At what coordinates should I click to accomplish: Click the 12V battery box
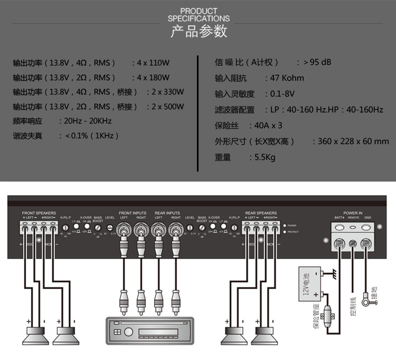coord(310,285)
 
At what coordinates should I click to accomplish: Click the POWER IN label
coord(353,213)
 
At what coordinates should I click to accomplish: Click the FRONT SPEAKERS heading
coord(39,213)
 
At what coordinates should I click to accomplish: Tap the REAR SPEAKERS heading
coord(261,213)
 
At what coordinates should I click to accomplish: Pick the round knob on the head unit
coord(127,332)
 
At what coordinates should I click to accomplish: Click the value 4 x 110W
coord(153,63)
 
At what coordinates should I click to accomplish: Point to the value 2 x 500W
coord(167,107)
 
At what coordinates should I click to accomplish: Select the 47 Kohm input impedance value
coord(287,78)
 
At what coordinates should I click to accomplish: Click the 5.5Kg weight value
coord(265,157)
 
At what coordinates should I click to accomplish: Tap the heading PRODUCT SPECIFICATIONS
coord(199,15)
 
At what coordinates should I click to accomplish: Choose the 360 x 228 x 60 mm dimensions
coord(353,141)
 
